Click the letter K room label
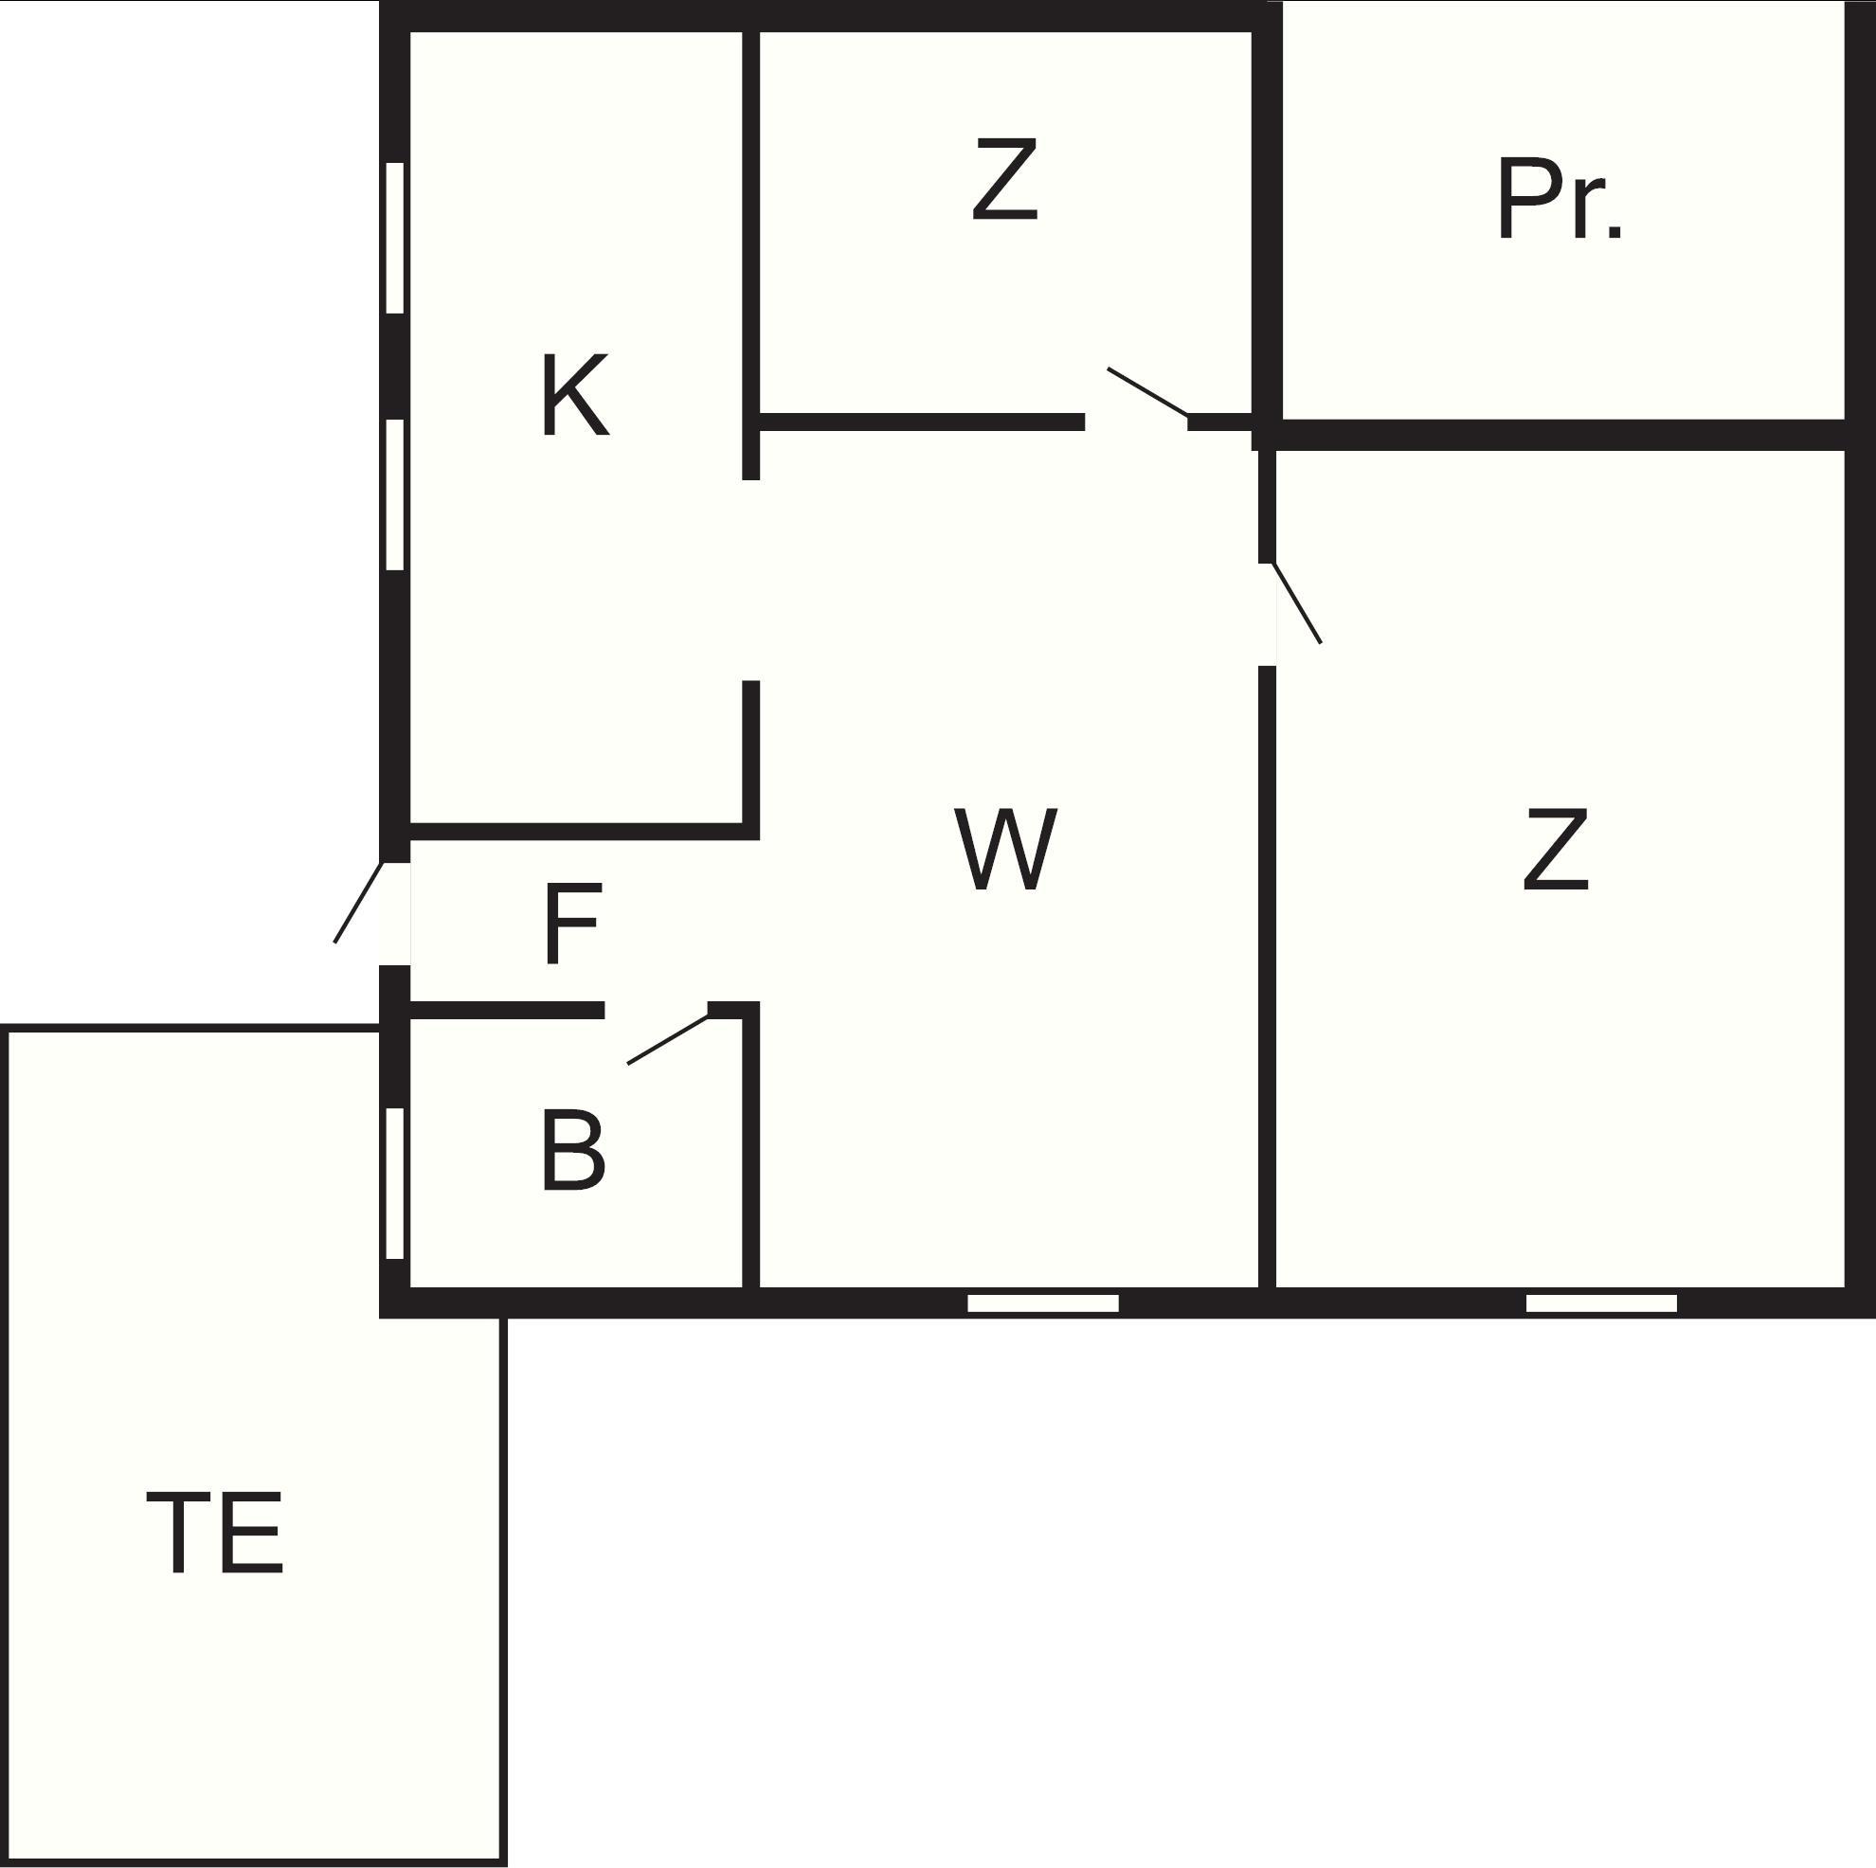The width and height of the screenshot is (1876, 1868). (575, 395)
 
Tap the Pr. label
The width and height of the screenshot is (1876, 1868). (1558, 200)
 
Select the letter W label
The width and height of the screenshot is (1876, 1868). (1004, 849)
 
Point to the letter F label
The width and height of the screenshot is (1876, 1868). (573, 924)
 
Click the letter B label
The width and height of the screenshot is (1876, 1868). (573, 1151)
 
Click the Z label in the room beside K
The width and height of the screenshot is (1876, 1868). (1005, 179)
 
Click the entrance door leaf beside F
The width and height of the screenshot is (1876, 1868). (358, 902)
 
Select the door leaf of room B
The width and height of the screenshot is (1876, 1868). (668, 1039)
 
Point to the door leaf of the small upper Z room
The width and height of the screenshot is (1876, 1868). (1146, 391)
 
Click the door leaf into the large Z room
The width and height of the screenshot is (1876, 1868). (1296, 602)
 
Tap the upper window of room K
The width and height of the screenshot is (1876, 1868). (394, 238)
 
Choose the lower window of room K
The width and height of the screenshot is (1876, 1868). (394, 494)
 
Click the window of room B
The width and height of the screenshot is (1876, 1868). (394, 1183)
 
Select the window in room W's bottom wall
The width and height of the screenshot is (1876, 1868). (1043, 1302)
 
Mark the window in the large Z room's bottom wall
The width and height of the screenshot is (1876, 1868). (1601, 1302)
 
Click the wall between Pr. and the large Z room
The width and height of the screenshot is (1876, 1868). (1554, 435)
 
